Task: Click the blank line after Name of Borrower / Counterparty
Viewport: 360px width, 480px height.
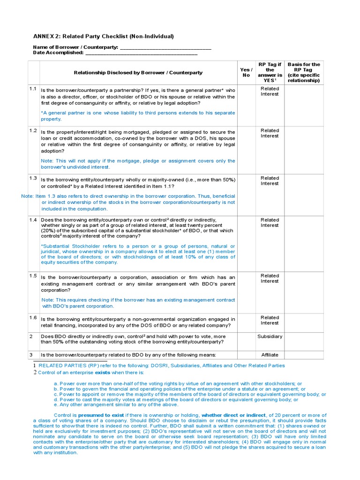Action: click(x=165, y=48)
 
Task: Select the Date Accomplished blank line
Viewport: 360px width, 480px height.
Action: click(x=141, y=53)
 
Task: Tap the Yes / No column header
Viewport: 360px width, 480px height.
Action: click(x=246, y=73)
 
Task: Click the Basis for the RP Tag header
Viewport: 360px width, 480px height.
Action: click(x=304, y=73)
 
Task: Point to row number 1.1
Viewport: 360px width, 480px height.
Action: click(x=33, y=89)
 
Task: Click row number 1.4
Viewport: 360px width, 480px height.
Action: click(x=33, y=220)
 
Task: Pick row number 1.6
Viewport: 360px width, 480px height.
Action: click(x=33, y=318)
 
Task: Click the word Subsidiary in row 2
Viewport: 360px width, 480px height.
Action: click(x=270, y=337)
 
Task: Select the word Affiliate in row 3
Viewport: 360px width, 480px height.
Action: click(x=270, y=355)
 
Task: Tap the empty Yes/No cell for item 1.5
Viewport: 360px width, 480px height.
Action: click(x=246, y=292)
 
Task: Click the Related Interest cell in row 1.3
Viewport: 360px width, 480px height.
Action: click(x=270, y=181)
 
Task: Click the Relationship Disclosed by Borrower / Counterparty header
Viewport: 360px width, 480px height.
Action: click(x=138, y=73)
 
